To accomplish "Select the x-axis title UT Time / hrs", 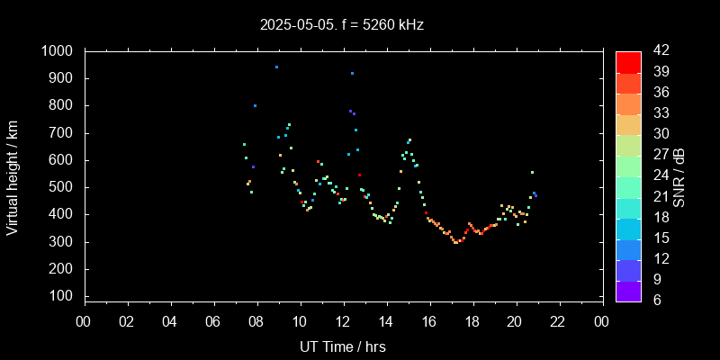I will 343,346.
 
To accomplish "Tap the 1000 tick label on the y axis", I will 60,51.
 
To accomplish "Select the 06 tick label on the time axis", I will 213,321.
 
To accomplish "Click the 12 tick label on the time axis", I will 343,321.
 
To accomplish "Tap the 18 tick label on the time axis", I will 472,321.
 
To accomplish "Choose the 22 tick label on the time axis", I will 558,321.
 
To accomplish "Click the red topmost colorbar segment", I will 628,61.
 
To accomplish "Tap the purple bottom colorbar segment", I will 628,291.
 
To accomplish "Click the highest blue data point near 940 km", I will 276,67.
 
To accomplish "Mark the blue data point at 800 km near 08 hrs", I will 255,105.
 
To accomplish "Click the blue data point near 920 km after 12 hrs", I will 352,73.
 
